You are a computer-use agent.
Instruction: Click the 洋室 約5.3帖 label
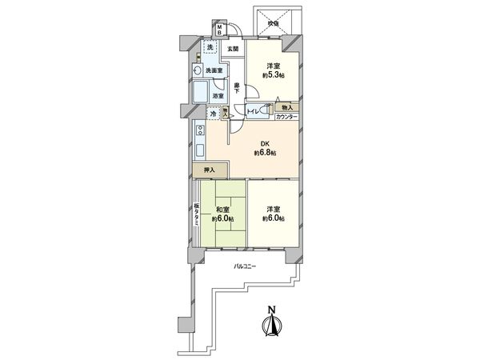[272, 70]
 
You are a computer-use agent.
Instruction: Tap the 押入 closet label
[207, 170]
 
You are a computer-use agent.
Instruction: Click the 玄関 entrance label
[232, 50]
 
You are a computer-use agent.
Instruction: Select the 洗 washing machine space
[210, 50]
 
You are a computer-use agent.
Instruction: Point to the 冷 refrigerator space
[212, 114]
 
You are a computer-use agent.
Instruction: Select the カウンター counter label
[286, 118]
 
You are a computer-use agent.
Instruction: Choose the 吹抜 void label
[274, 23]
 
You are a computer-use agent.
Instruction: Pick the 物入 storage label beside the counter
[287, 106]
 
